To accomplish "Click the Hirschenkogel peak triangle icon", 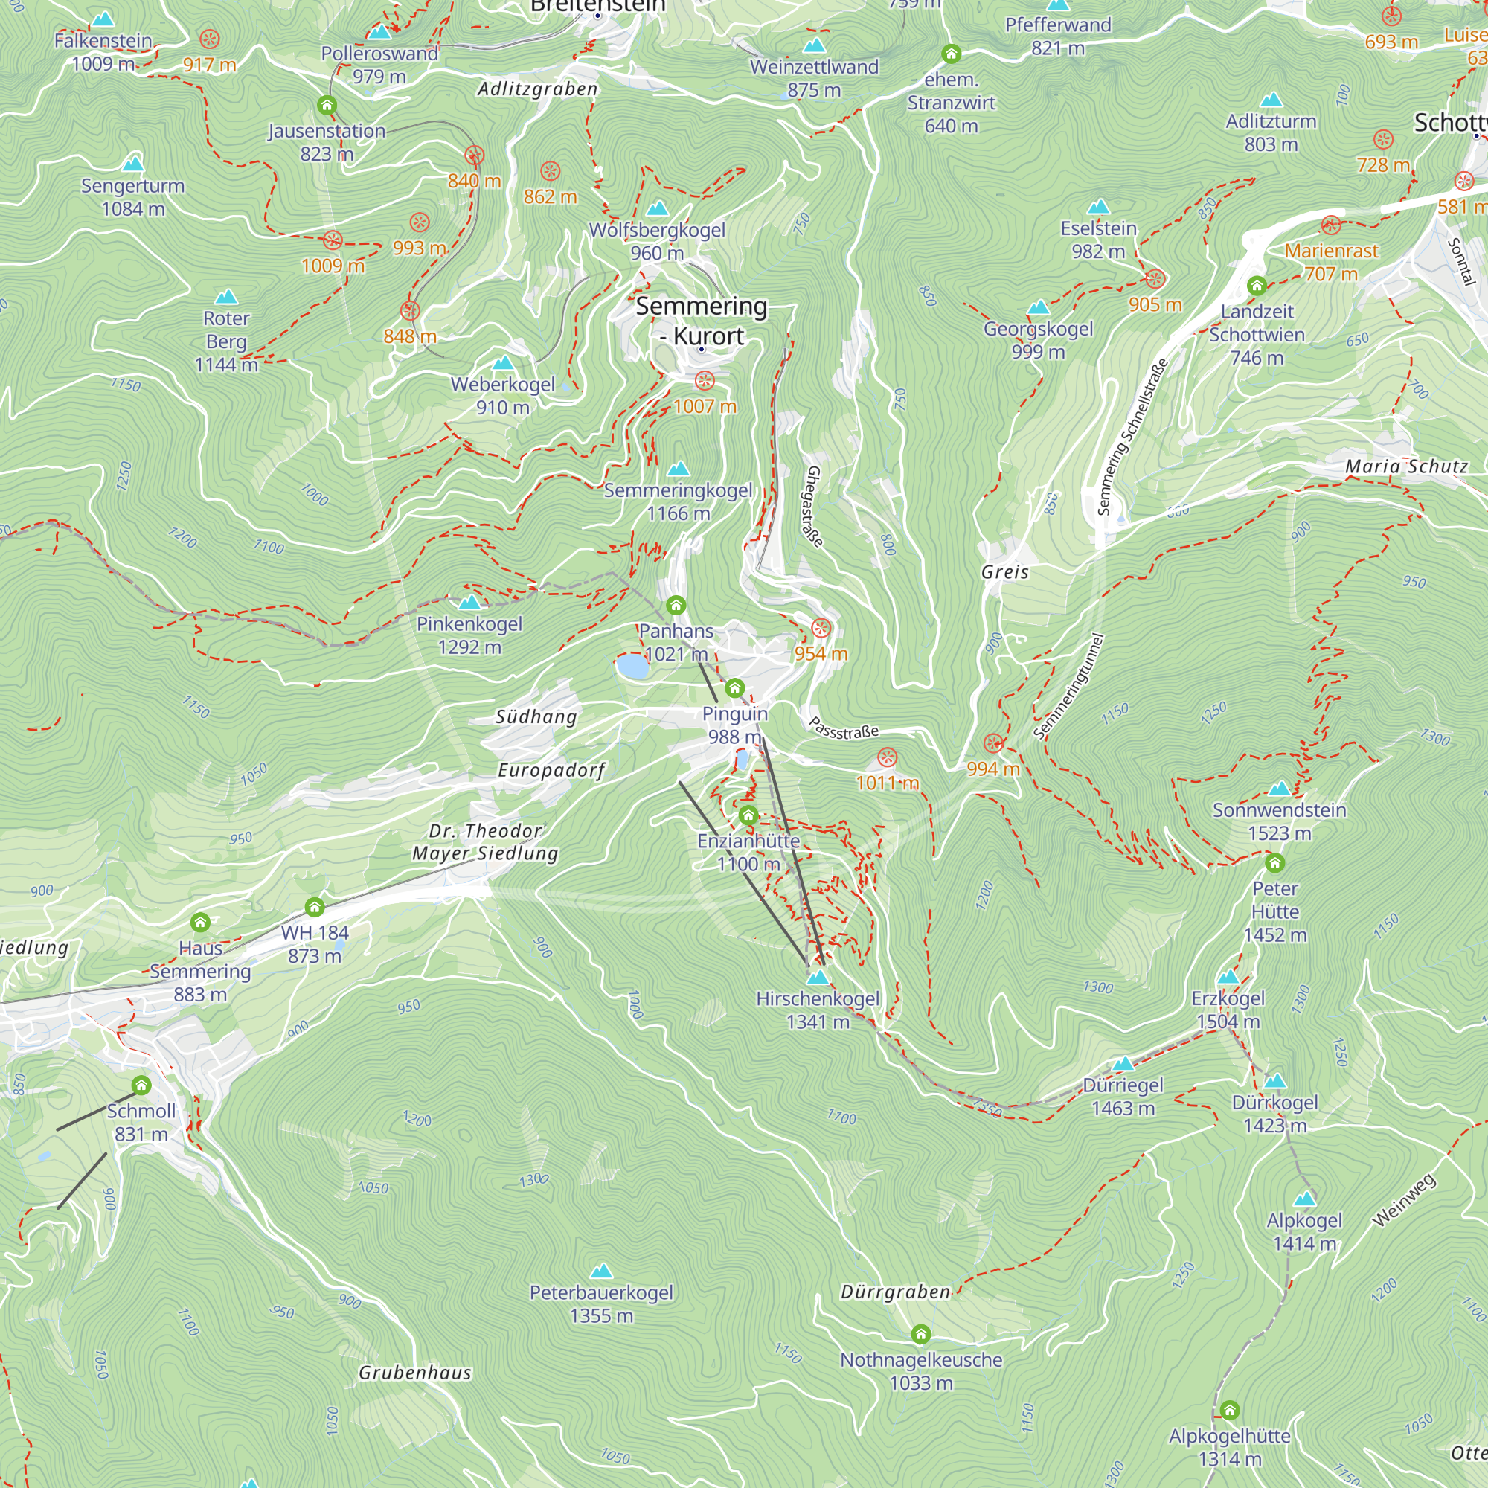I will coord(817,978).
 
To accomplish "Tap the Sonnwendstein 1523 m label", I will coord(1278,821).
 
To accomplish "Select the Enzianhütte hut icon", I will coord(748,815).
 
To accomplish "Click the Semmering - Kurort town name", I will coord(701,321).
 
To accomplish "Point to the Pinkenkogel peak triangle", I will coord(469,603).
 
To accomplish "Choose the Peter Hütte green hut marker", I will coord(1274,862).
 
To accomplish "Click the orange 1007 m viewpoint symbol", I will coord(704,380).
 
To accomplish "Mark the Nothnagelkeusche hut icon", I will coord(920,1333).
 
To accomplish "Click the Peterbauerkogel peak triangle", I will coord(600,1271).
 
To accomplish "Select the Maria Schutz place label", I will coord(1405,466).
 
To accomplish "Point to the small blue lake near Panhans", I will coord(632,666).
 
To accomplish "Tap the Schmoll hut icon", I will coord(141,1085).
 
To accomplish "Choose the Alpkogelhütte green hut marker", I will coord(1229,1410).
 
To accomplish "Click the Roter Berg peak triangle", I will coord(225,298).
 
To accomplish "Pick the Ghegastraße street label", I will coord(813,505).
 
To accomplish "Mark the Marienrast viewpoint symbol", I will coord(1331,225).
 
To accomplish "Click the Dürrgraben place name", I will coord(895,1292).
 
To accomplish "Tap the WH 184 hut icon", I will coord(314,906).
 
